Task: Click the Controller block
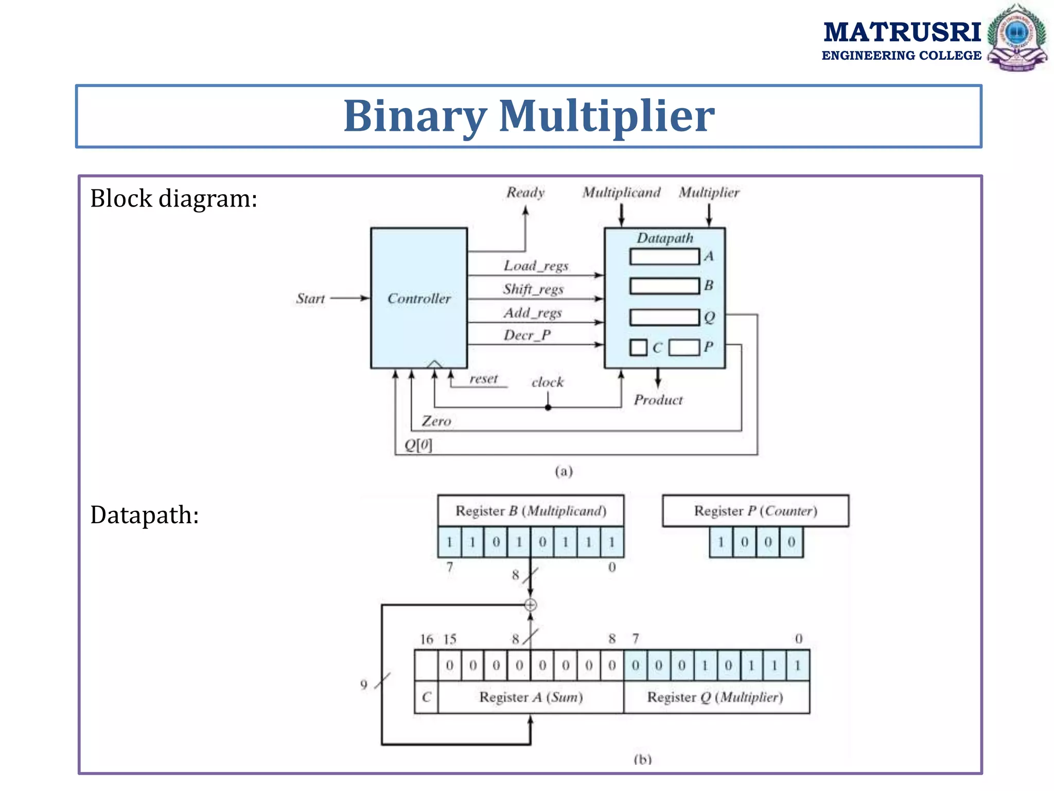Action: (x=418, y=298)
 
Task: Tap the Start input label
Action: (x=310, y=299)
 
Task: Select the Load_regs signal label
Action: (x=536, y=266)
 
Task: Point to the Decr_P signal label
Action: (x=527, y=335)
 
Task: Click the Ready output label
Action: (x=525, y=193)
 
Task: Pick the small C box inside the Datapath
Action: (x=638, y=348)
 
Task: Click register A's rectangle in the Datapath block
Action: (x=664, y=256)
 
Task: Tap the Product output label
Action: (x=658, y=400)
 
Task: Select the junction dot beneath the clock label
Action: (x=548, y=407)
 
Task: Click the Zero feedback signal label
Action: (x=436, y=421)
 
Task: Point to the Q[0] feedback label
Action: (x=418, y=445)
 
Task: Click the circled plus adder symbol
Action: (x=531, y=605)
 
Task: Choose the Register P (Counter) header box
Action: (x=755, y=511)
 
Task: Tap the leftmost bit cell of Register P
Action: (x=721, y=542)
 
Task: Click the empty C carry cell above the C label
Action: (x=426, y=665)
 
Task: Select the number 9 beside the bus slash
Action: (x=364, y=684)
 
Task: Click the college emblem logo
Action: (x=1017, y=37)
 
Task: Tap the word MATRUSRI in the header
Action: (x=902, y=32)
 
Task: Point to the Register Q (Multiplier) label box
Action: (x=716, y=697)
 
